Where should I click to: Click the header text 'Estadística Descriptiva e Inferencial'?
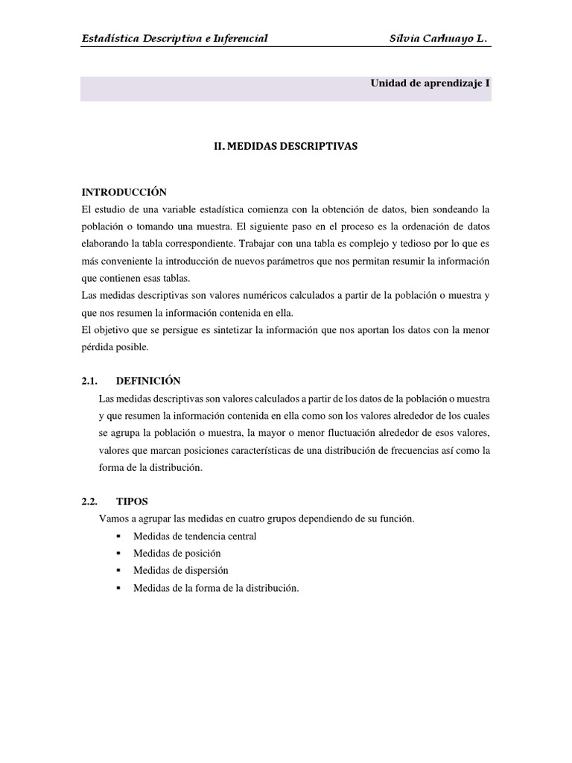click(174, 38)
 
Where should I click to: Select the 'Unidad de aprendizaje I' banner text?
click(430, 83)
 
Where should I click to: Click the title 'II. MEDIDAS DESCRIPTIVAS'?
click(286, 147)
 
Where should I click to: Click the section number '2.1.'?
click(90, 381)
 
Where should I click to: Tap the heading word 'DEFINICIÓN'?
click(148, 381)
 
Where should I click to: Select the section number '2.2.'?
click(90, 501)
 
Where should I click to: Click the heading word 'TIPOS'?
click(132, 501)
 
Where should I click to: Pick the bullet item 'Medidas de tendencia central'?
click(194, 536)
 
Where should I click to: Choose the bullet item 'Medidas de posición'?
click(177, 554)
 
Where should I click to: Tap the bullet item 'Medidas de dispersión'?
click(180, 571)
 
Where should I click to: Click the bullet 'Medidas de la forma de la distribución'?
click(215, 588)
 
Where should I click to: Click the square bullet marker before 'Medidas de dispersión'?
click(118, 571)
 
